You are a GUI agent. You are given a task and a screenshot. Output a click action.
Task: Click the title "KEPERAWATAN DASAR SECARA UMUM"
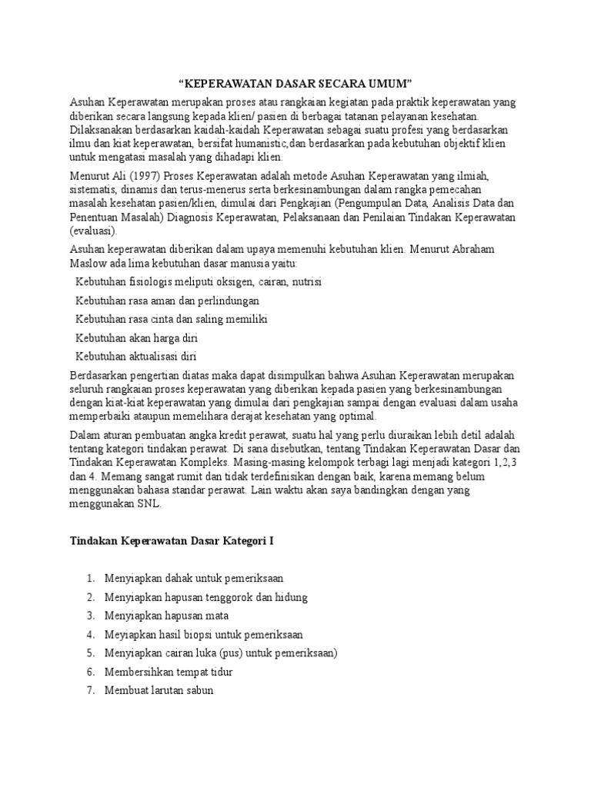(x=295, y=82)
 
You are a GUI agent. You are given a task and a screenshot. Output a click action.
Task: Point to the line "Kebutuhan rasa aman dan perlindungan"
(x=167, y=301)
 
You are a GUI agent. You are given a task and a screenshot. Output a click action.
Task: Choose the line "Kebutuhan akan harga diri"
(x=137, y=337)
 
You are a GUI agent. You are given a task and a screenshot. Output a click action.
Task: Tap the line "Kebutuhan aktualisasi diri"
(x=137, y=356)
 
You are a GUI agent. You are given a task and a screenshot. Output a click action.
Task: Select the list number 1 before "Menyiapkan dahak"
(x=90, y=578)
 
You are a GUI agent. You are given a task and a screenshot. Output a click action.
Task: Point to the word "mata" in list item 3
(x=216, y=616)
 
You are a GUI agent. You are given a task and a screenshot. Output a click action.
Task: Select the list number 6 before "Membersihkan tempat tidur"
(x=90, y=672)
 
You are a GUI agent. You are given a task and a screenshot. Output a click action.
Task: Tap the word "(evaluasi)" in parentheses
(x=94, y=230)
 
